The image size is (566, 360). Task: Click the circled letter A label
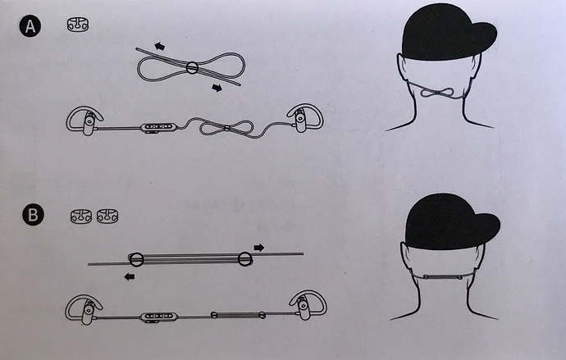click(30, 26)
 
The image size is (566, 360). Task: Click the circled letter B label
click(33, 215)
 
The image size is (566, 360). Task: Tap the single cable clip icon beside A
click(78, 25)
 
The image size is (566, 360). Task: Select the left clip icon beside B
click(81, 216)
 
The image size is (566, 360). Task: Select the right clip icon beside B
click(107, 216)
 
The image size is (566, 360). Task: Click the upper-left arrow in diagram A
click(159, 46)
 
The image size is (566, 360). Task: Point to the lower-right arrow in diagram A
click(217, 88)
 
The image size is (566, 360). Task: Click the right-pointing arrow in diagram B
click(259, 248)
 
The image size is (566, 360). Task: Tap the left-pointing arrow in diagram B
click(130, 276)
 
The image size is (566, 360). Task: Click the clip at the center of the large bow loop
click(192, 68)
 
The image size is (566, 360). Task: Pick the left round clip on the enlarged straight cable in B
click(136, 259)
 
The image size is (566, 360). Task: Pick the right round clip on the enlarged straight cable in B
click(245, 258)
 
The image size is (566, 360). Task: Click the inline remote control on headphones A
click(159, 127)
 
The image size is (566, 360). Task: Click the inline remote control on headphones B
click(159, 317)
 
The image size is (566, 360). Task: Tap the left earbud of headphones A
click(84, 121)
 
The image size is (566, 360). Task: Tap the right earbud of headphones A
click(305, 117)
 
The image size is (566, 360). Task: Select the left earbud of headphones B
click(84, 310)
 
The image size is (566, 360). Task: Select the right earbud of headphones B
click(308, 305)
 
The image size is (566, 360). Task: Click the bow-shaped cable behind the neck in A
click(437, 93)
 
